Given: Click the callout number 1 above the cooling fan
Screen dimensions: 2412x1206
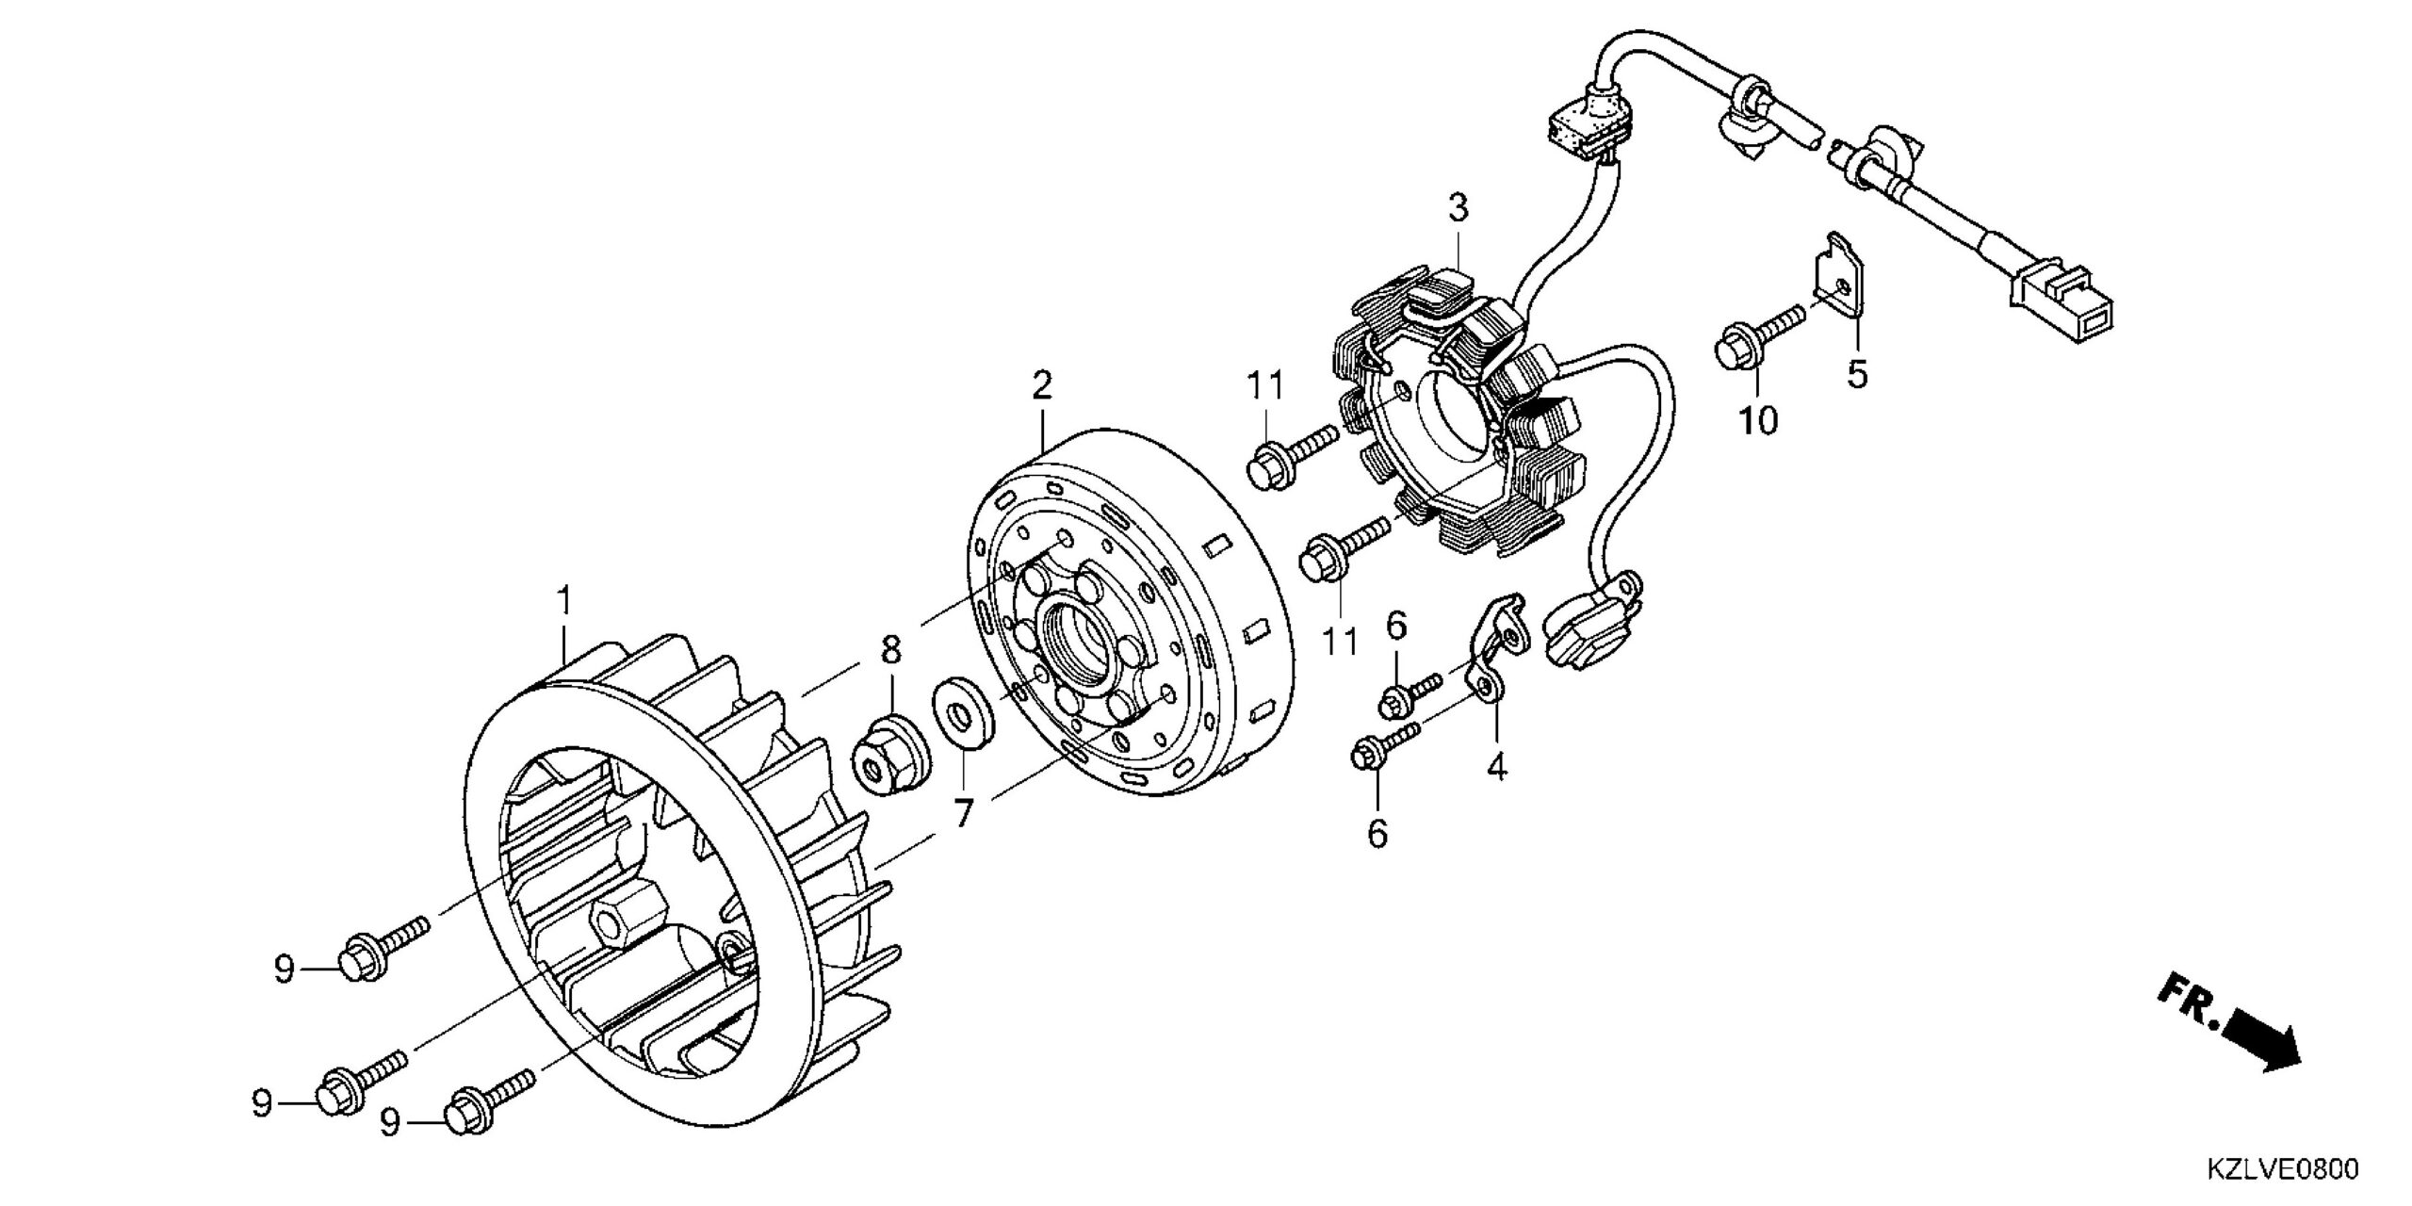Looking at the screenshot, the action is [x=564, y=599].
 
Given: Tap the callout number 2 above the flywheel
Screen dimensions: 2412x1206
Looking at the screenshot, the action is [x=1041, y=385].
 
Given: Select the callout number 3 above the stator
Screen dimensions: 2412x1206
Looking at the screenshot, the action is [x=1459, y=207].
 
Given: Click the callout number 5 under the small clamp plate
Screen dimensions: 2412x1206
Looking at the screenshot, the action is [x=1856, y=374].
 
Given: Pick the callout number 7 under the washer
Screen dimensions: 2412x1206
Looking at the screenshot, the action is [x=962, y=812].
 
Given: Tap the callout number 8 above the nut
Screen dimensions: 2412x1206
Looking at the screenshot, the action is [x=891, y=650].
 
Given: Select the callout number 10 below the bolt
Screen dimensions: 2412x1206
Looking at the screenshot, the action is [x=1757, y=420].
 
